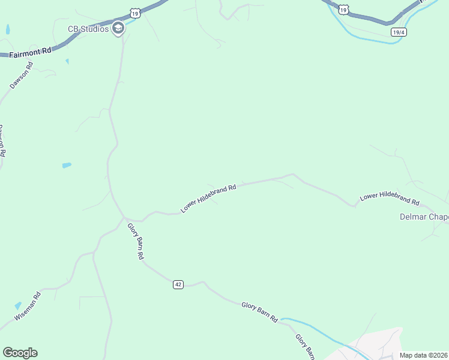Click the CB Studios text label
click(88, 28)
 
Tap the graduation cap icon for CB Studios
click(118, 28)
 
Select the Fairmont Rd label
click(29, 53)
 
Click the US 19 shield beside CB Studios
click(134, 12)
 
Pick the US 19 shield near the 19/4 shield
click(343, 9)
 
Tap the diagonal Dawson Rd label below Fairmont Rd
click(21, 75)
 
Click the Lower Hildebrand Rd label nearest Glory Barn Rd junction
click(208, 198)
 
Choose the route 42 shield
click(178, 284)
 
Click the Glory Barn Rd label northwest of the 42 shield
click(136, 241)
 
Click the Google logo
click(20, 353)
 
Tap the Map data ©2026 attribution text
click(424, 355)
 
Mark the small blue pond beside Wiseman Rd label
click(17, 306)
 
